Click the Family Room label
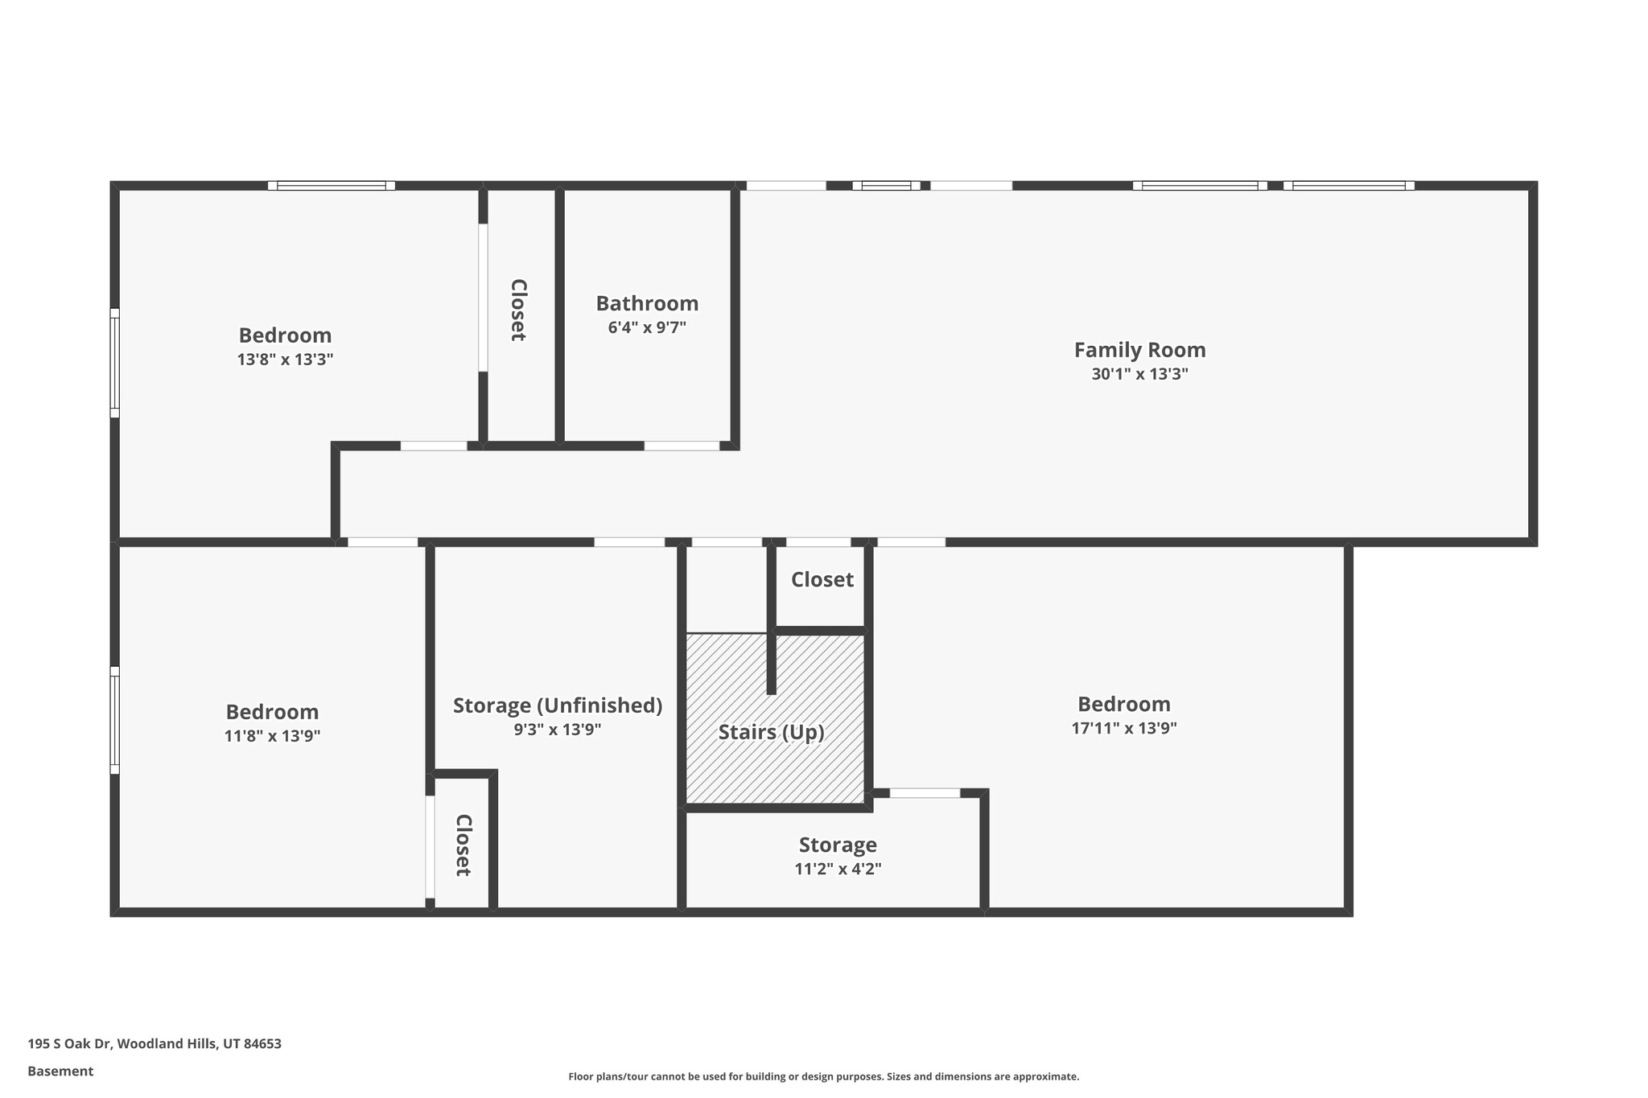(x=1139, y=350)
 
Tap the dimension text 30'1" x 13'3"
(x=1139, y=374)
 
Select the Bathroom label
(x=647, y=303)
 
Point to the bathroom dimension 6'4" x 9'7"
(x=647, y=327)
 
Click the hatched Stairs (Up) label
(x=771, y=732)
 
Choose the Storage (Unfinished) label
(x=557, y=705)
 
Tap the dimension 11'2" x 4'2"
(x=838, y=869)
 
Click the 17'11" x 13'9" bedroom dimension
(x=1123, y=729)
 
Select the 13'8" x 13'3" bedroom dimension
(x=285, y=360)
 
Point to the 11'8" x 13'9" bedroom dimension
(x=272, y=736)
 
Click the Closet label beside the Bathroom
(x=519, y=310)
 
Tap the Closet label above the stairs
(x=822, y=579)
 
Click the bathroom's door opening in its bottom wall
(x=682, y=446)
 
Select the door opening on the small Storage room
(x=925, y=793)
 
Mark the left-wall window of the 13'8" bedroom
(x=114, y=363)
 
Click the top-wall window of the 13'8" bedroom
(x=331, y=185)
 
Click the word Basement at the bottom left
(x=60, y=1071)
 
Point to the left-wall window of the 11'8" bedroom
(x=114, y=720)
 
